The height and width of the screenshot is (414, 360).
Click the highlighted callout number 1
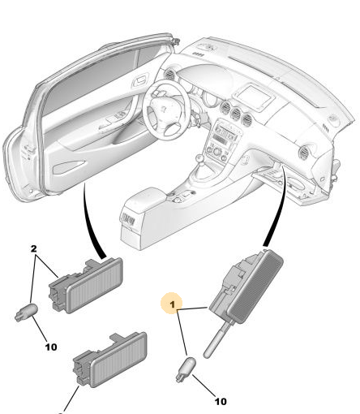pyautogui.click(x=173, y=304)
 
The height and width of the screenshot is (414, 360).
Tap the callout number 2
pyautogui.click(x=33, y=248)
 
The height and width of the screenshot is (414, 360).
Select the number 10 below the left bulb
pyautogui.click(x=51, y=347)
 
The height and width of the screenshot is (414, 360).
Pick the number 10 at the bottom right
pyautogui.click(x=221, y=401)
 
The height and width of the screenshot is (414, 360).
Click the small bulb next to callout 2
pyautogui.click(x=26, y=313)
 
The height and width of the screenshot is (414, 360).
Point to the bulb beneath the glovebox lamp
pyautogui.click(x=186, y=369)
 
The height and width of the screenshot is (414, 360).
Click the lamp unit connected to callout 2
pyautogui.click(x=85, y=286)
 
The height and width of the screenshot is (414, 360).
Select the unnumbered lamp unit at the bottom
pyautogui.click(x=110, y=360)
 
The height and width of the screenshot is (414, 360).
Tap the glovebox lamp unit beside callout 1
pyautogui.click(x=246, y=287)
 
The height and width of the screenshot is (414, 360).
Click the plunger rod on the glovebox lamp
pyautogui.click(x=216, y=340)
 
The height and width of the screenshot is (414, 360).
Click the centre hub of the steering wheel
pyautogui.click(x=164, y=109)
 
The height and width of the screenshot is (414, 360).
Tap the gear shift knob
pyautogui.click(x=199, y=157)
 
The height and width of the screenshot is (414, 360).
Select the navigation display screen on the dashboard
pyautogui.click(x=253, y=97)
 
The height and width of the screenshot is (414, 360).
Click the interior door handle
pyautogui.click(x=140, y=80)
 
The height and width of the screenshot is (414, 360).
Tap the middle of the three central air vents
pyautogui.click(x=236, y=113)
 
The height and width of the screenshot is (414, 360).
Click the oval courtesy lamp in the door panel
pyautogui.click(x=69, y=167)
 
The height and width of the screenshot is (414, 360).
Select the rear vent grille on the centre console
pyautogui.click(x=128, y=218)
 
